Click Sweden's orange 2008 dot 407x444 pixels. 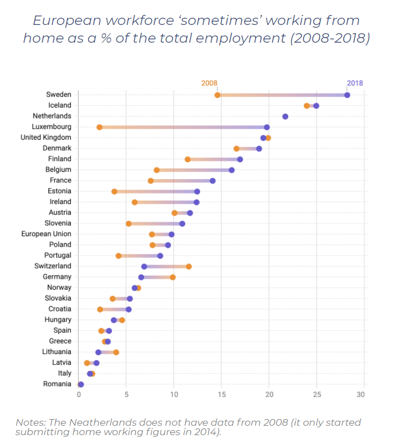pyautogui.click(x=217, y=95)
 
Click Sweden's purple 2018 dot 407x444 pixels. pyautogui.click(x=347, y=95)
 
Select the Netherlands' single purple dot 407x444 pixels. pyautogui.click(x=285, y=116)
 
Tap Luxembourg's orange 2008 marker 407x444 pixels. pyautogui.click(x=99, y=127)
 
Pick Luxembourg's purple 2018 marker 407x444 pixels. pyautogui.click(x=267, y=127)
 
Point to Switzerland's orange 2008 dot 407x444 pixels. pyautogui.click(x=189, y=267)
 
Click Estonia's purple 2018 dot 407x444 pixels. pyautogui.click(x=197, y=191)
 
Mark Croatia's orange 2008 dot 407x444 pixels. pyautogui.click(x=100, y=309)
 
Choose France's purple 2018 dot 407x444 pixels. pyautogui.click(x=212, y=181)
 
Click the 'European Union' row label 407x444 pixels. pyautogui.click(x=46, y=234)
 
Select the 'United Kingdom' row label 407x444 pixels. pyautogui.click(x=45, y=137)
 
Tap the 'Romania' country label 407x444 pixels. pyautogui.click(x=57, y=384)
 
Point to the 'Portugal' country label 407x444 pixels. pyautogui.click(x=58, y=256)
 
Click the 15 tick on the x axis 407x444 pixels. pyautogui.click(x=221, y=395)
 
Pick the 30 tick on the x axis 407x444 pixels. pyautogui.click(x=361, y=395)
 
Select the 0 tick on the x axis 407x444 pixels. pyautogui.click(x=79, y=395)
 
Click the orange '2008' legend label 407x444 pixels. pyautogui.click(x=209, y=83)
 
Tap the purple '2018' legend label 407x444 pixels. pyautogui.click(x=355, y=83)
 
